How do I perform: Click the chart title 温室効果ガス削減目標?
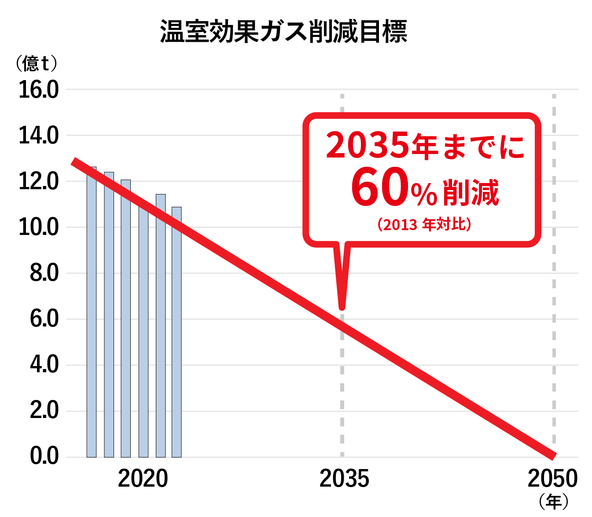(x=283, y=31)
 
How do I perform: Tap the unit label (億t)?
(x=37, y=63)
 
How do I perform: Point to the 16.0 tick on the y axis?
(x=39, y=90)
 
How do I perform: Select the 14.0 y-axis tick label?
(x=39, y=136)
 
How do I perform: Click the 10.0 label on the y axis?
(x=39, y=227)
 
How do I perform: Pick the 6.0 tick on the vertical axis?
(x=44, y=319)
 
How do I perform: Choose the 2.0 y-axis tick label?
(x=44, y=411)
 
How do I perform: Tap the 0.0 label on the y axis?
(x=44, y=456)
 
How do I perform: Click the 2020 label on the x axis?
(x=143, y=479)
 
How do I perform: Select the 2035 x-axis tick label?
(x=344, y=479)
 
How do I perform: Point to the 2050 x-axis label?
(x=552, y=479)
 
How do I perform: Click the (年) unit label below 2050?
(x=553, y=502)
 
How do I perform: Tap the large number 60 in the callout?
(x=380, y=187)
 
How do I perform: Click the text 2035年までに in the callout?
(x=425, y=145)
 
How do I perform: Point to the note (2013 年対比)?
(x=424, y=225)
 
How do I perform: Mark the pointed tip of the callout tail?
(x=342, y=307)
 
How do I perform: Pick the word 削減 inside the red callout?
(x=471, y=192)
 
